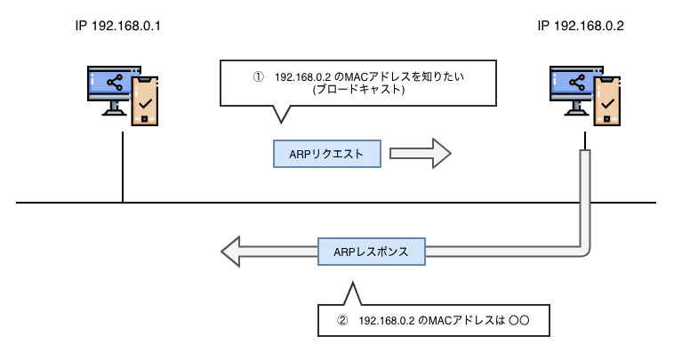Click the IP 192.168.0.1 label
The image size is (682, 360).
coord(117,27)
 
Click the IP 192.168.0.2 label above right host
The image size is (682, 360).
coord(581,27)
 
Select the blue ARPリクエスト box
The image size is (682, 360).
coord(326,154)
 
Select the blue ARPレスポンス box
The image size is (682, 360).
coord(372,252)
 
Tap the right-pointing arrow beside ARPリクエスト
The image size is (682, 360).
coord(421,154)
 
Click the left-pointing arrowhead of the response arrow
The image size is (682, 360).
coord(233,252)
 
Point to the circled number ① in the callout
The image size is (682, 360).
coord(258,77)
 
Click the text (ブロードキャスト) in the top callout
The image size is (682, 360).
coord(353,91)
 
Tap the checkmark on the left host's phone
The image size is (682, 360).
coord(145,112)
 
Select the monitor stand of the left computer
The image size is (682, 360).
coord(114,108)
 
